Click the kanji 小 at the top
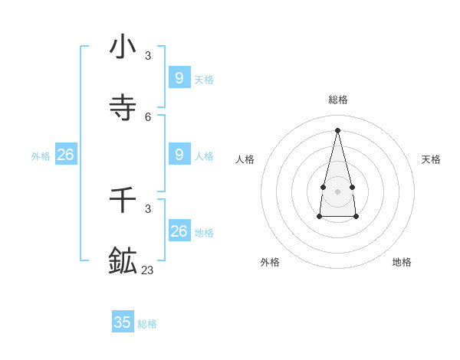(123, 47)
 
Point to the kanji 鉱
(123, 260)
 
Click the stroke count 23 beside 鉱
(147, 270)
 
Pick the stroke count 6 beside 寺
(148, 116)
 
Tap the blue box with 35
(123, 322)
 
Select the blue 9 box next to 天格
(179, 77)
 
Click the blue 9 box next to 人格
(179, 154)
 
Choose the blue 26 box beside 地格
(179, 231)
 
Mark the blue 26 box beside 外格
(65, 154)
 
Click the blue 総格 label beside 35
(147, 324)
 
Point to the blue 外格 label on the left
(41, 156)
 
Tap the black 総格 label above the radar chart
(337, 100)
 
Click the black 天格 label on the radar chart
(431, 159)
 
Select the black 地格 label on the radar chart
(402, 262)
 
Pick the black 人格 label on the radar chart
(245, 159)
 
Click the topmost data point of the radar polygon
(337, 129)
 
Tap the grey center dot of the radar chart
(337, 191)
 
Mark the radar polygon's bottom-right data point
(356, 217)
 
